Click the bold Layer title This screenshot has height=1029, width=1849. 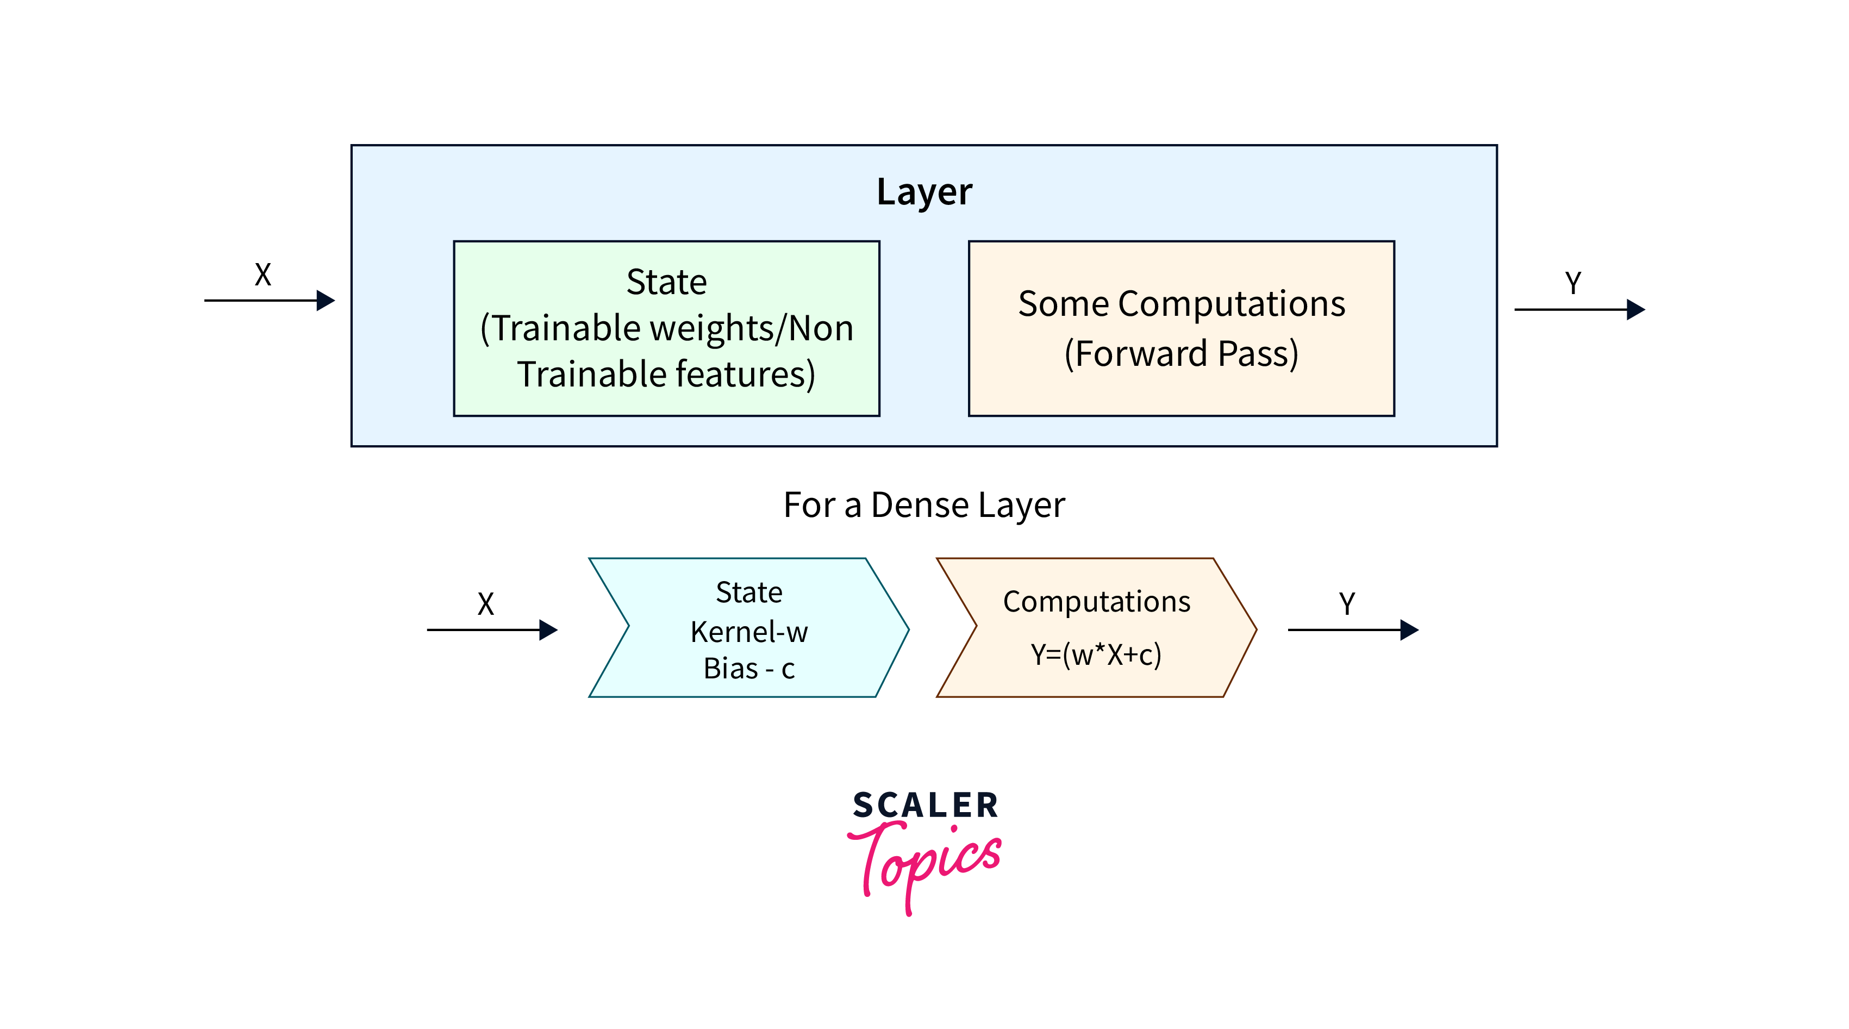click(924, 192)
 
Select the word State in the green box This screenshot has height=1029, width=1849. click(666, 282)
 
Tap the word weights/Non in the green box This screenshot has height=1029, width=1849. click(751, 329)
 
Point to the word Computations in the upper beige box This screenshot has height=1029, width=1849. click(1231, 304)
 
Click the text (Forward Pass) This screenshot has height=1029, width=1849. click(1180, 353)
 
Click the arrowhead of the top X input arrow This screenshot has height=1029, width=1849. click(326, 300)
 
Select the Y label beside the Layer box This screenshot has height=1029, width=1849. click(1573, 283)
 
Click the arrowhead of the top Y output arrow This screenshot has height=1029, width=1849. click(1636, 309)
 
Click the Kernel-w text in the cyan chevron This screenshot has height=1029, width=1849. click(748, 632)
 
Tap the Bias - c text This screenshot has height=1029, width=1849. click(748, 669)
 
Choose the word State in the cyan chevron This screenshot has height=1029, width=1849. click(748, 593)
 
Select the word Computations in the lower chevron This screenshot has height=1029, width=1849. click(1096, 602)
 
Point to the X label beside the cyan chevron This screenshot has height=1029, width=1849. click(486, 604)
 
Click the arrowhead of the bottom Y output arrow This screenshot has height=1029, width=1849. click(1410, 630)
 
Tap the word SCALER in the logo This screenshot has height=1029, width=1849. click(925, 805)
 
